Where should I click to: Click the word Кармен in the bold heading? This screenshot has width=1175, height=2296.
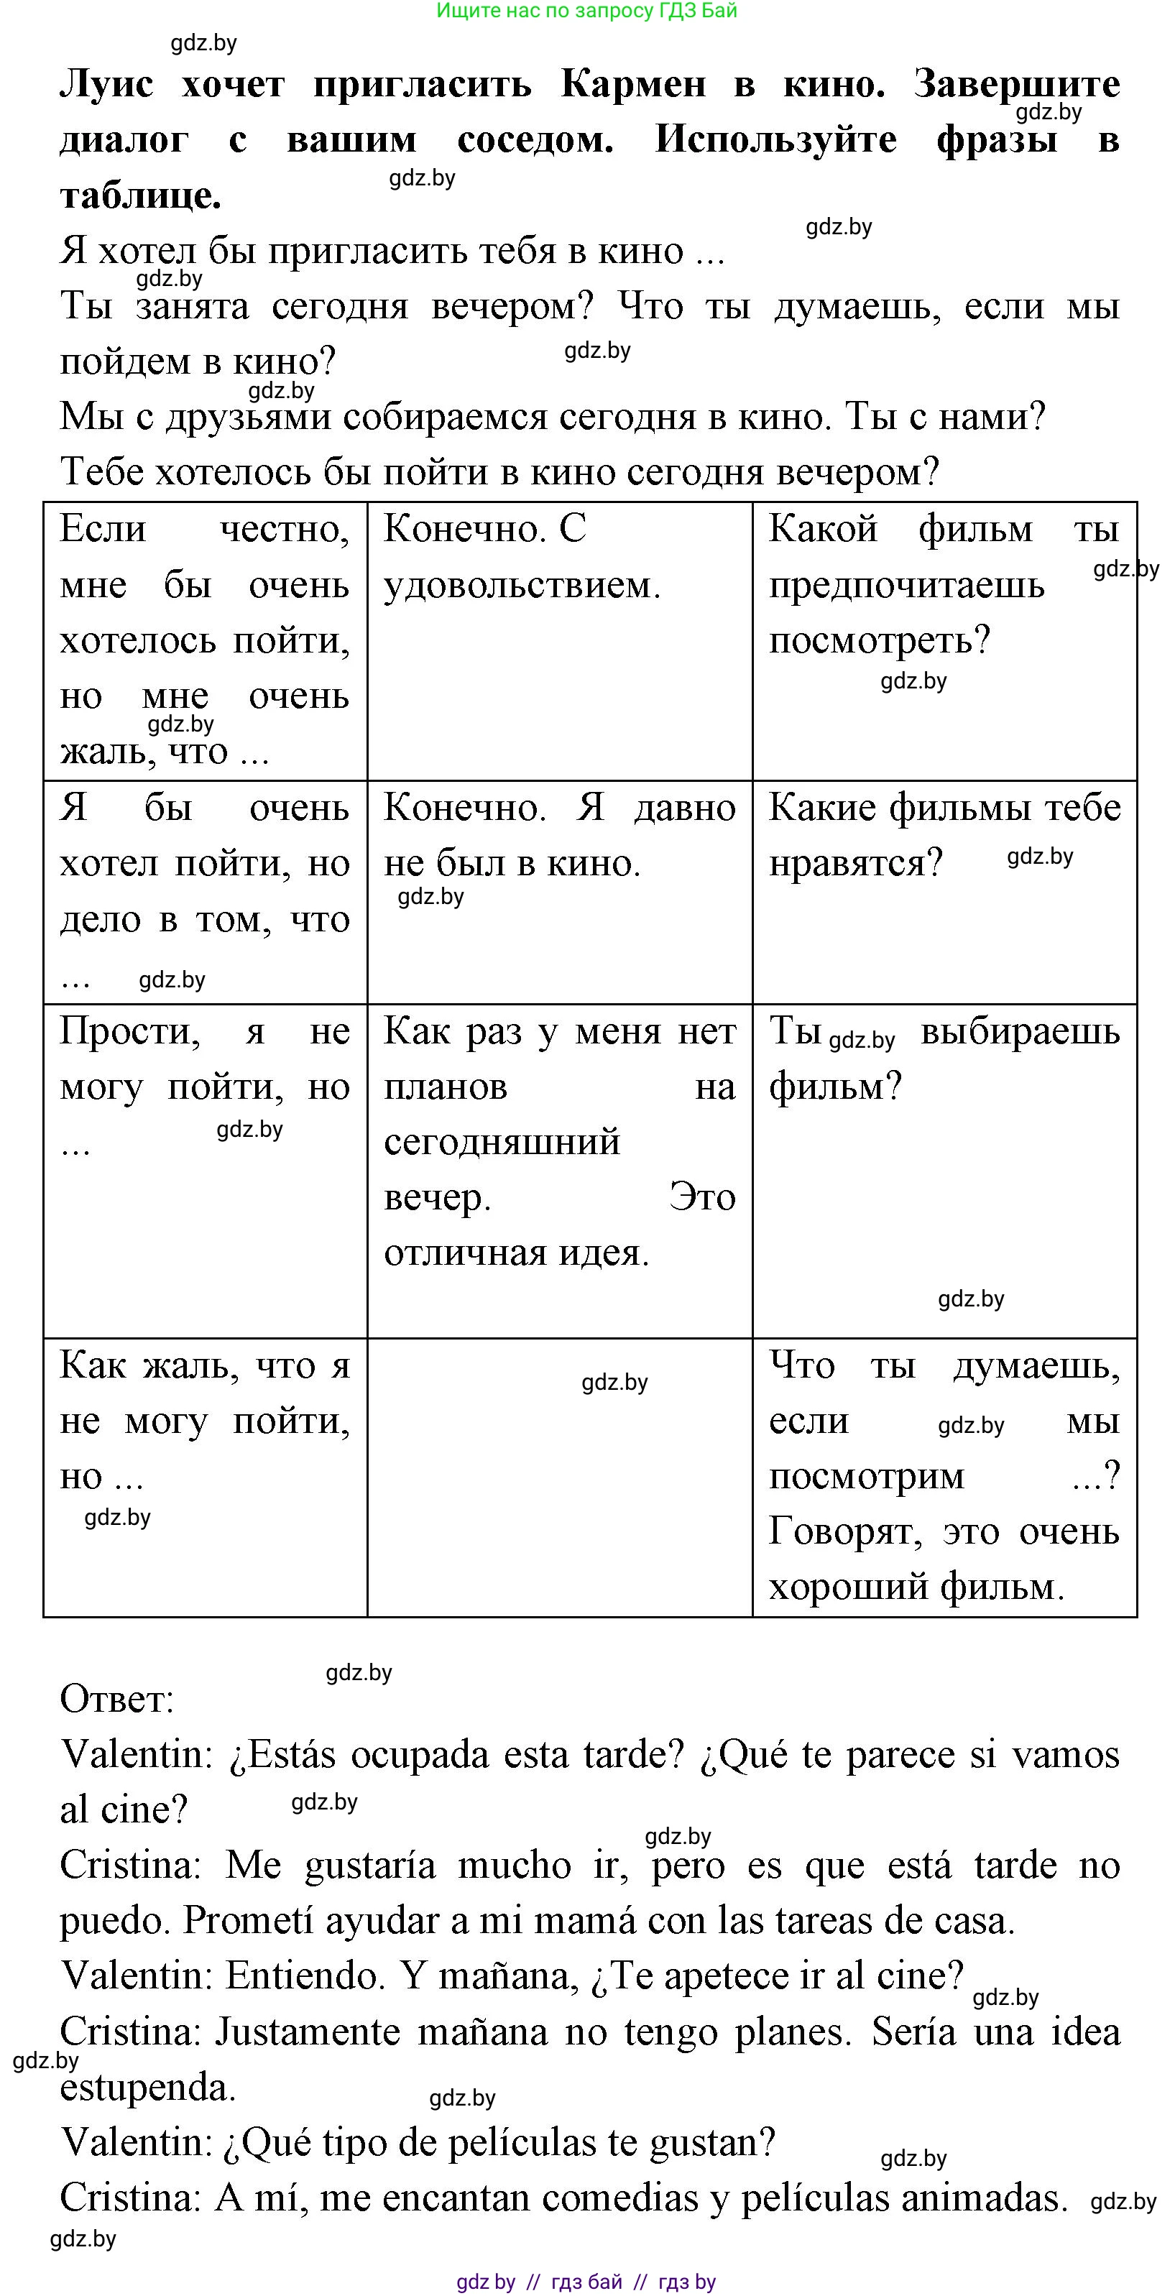click(633, 85)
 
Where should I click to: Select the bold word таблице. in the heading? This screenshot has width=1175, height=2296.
click(140, 195)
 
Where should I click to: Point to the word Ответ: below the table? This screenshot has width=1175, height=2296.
click(117, 1699)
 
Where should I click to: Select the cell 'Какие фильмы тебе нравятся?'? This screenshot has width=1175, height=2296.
click(944, 891)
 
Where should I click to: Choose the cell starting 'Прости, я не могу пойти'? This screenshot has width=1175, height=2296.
click(205, 1169)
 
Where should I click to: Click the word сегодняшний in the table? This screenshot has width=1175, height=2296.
click(502, 1142)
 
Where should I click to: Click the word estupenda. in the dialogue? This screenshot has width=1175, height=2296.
click(147, 2087)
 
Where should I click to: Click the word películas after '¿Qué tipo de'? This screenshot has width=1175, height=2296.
click(541, 2141)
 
